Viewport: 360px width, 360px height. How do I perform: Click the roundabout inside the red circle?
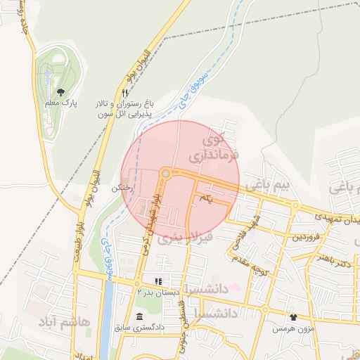click(x=166, y=173)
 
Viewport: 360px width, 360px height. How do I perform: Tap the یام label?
click(x=205, y=200)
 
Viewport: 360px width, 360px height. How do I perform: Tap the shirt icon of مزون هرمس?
click(x=293, y=317)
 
